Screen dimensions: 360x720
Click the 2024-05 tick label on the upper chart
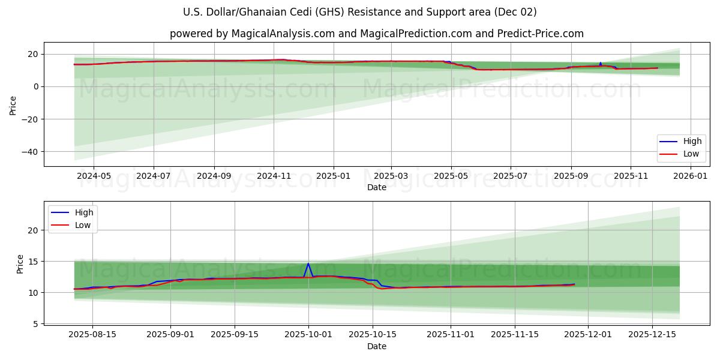94,176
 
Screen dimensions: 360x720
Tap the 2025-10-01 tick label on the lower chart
308,335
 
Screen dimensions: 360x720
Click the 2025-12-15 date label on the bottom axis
652,335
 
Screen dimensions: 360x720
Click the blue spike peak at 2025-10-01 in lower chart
308,263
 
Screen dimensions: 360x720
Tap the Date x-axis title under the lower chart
377,346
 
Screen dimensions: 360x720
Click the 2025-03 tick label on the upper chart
391,176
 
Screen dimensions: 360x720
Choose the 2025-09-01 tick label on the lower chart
170,335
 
